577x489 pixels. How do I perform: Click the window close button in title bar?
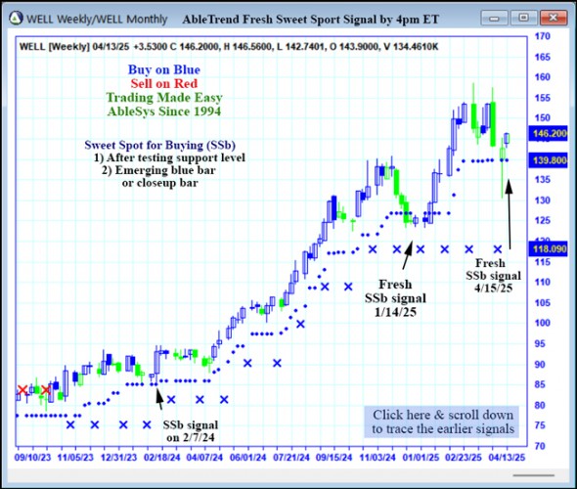click(x=554, y=18)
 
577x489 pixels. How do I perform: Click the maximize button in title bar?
click(x=525, y=18)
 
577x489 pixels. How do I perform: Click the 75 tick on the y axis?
click(x=539, y=426)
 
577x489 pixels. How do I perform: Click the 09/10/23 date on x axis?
click(x=32, y=457)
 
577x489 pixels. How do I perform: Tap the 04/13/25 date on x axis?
click(x=508, y=457)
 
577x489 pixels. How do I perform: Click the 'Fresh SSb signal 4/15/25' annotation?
click(x=491, y=276)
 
